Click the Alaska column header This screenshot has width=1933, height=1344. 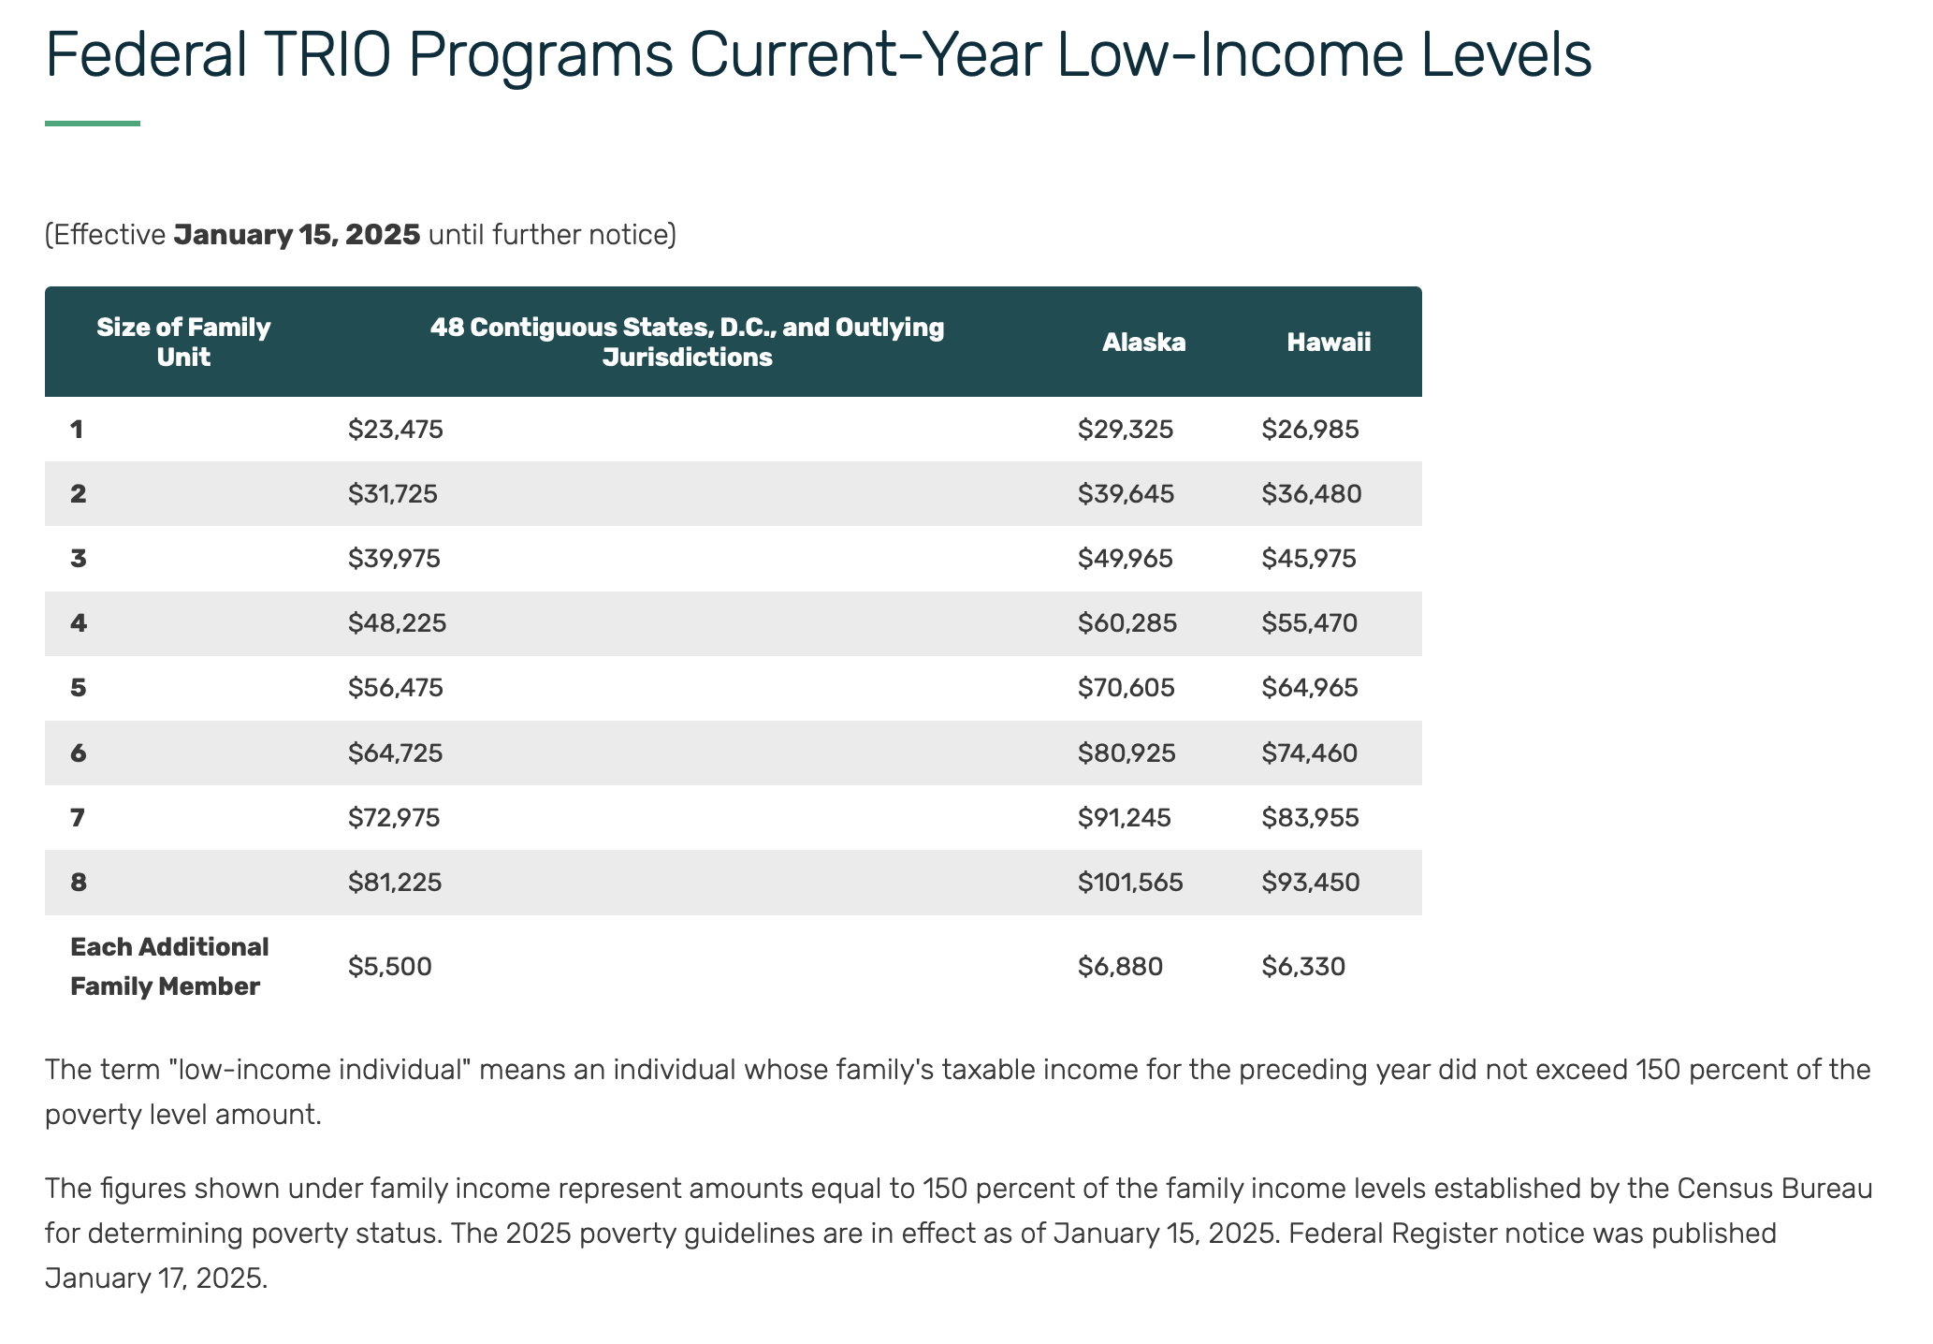(x=1143, y=343)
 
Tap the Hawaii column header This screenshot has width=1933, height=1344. (x=1329, y=343)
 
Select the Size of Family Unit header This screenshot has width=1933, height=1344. (x=183, y=343)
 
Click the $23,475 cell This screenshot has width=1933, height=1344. (x=396, y=430)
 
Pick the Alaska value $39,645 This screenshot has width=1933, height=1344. (x=1126, y=494)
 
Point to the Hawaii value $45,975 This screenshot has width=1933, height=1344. (x=1309, y=559)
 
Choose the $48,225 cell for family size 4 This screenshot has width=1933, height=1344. (x=398, y=623)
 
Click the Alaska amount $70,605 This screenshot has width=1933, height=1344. (x=1126, y=688)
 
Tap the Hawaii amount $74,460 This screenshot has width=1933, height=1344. (x=1309, y=752)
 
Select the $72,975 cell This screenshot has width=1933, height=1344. (x=394, y=818)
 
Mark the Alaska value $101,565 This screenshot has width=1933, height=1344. (x=1130, y=882)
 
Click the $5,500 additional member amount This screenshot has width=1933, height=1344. (x=390, y=967)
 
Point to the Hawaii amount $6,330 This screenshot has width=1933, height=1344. (x=1303, y=967)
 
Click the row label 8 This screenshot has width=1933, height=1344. (x=79, y=882)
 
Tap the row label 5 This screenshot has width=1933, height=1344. (x=79, y=688)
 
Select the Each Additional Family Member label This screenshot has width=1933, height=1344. (x=169, y=967)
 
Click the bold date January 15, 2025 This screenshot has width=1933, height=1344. (x=298, y=234)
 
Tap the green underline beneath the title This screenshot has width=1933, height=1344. (x=93, y=124)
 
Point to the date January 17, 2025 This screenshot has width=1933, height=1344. (x=155, y=1278)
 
